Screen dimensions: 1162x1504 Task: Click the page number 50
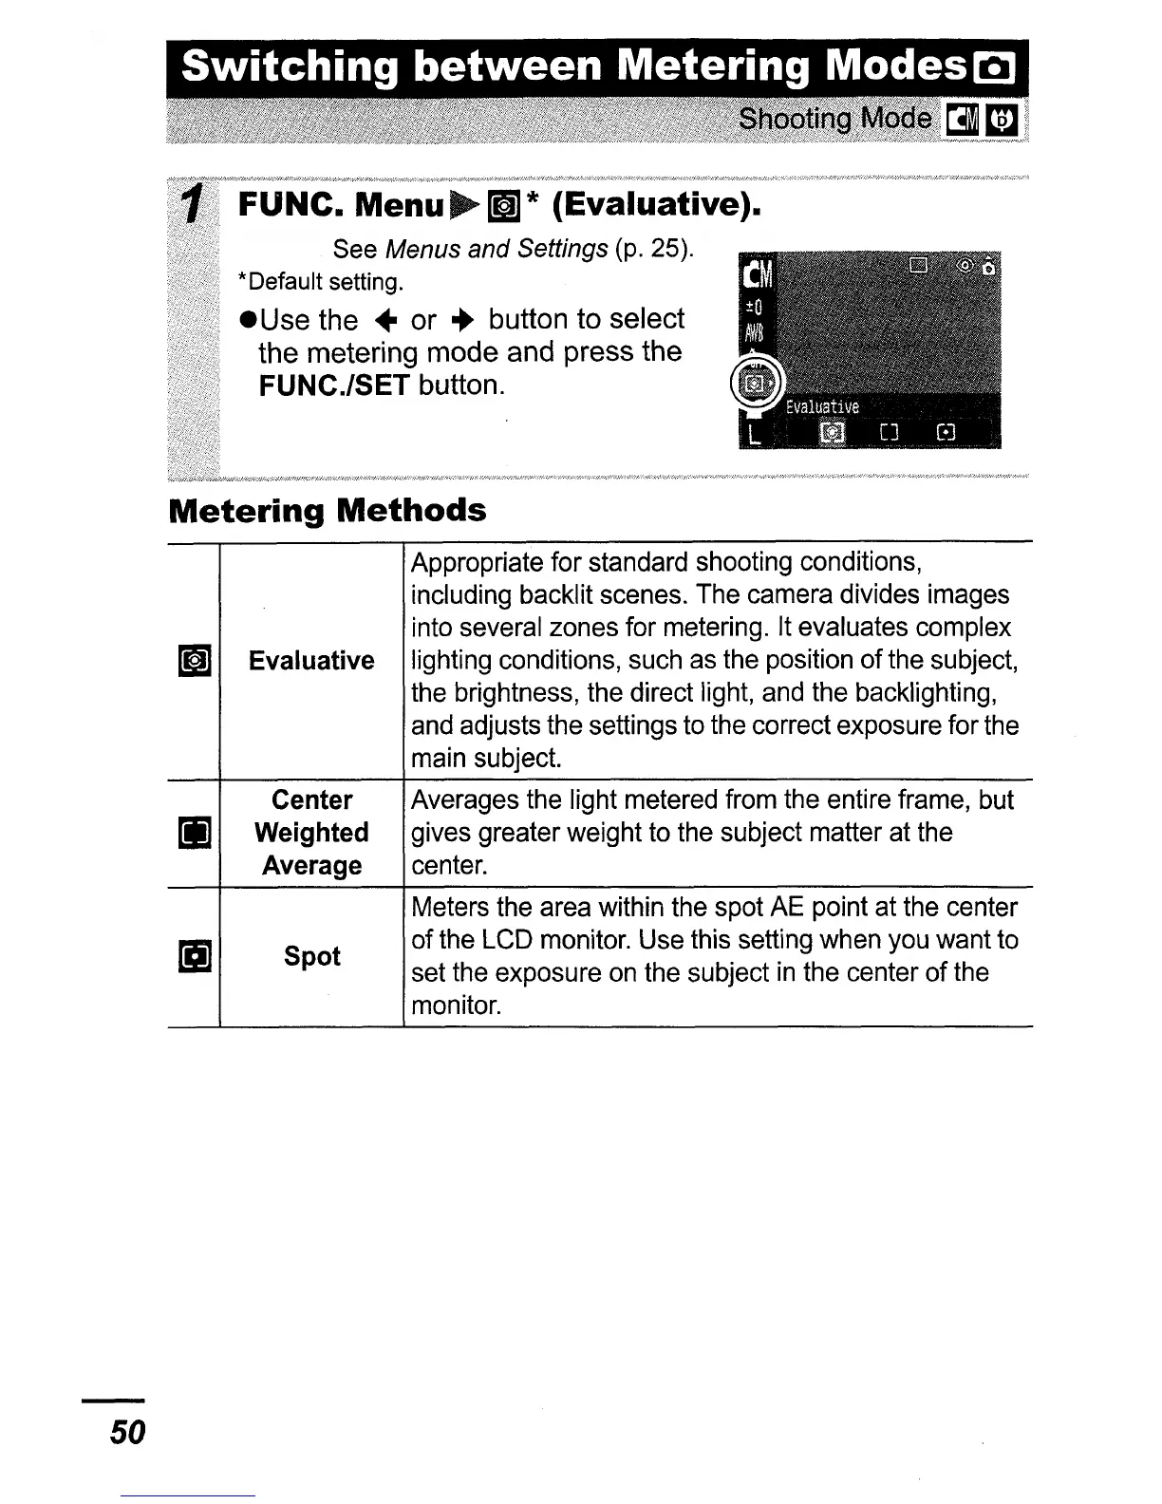(x=127, y=1431)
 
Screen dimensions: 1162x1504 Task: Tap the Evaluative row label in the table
(x=311, y=660)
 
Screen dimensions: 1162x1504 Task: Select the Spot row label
(x=311, y=955)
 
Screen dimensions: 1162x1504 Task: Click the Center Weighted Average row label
(x=311, y=833)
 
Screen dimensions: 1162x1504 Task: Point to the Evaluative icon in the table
(x=194, y=660)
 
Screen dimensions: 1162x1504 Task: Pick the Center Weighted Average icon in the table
(x=194, y=834)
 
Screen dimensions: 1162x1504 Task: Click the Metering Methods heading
(x=327, y=511)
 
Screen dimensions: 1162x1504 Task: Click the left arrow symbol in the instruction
(x=384, y=320)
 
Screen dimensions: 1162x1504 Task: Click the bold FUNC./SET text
(x=334, y=385)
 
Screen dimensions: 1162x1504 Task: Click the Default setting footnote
(x=321, y=282)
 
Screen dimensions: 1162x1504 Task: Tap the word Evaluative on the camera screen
(x=822, y=407)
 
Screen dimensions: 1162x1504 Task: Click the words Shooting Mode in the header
(x=834, y=119)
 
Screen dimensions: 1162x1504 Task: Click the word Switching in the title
(x=287, y=68)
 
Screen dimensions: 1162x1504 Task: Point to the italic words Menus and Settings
(x=497, y=249)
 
